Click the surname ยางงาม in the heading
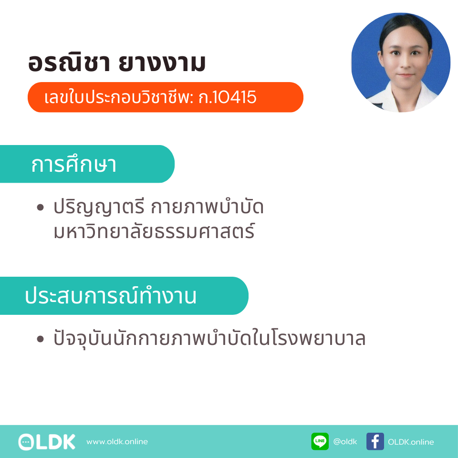(x=162, y=63)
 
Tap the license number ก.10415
(x=227, y=97)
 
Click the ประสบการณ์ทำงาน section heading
(x=111, y=295)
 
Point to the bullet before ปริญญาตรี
(x=40, y=208)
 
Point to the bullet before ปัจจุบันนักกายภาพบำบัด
(x=40, y=339)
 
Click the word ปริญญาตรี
(x=99, y=208)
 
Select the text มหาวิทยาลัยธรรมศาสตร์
(x=154, y=231)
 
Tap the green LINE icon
(x=320, y=441)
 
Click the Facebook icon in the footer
(x=375, y=441)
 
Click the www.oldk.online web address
(x=117, y=441)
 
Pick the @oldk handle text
(x=345, y=441)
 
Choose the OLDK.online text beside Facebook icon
(x=411, y=442)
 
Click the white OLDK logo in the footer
(x=47, y=442)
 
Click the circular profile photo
(x=401, y=62)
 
